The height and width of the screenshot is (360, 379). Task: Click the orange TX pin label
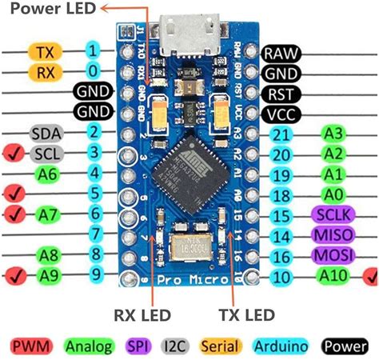pos(44,52)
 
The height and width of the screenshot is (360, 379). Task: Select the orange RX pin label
pos(44,72)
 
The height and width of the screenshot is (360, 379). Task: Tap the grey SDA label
pos(46,132)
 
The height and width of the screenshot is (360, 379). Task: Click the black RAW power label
pos(283,54)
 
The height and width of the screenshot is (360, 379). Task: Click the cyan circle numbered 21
pos(281,134)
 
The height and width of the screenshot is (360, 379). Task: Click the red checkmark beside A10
pos(369,276)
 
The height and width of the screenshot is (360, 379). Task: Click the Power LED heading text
pos(46,9)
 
